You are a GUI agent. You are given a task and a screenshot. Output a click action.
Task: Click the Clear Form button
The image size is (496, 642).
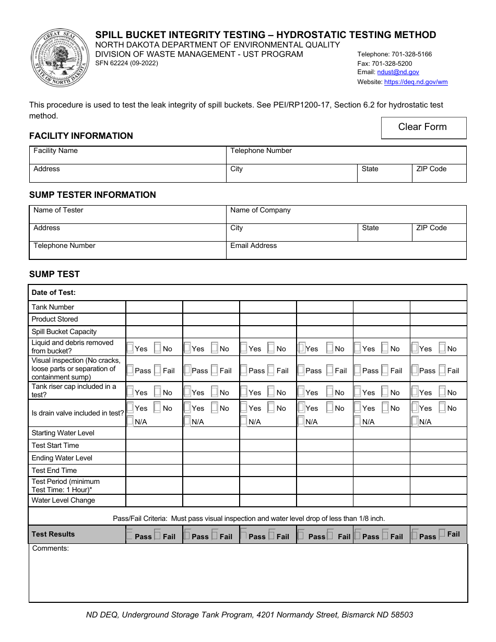(x=423, y=127)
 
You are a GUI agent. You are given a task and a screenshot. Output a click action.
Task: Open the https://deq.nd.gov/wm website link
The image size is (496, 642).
(x=416, y=82)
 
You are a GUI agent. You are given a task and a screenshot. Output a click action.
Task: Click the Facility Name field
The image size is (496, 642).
(x=127, y=155)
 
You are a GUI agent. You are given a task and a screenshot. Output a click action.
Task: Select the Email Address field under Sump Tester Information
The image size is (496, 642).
(x=346, y=250)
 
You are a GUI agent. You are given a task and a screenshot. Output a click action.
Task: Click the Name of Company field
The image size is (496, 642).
(x=346, y=214)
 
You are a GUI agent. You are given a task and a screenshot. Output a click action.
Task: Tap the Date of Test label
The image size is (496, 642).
(x=53, y=293)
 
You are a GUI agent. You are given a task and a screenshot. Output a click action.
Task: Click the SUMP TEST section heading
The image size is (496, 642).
(x=54, y=274)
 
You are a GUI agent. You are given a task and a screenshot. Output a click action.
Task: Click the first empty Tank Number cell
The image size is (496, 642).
(x=154, y=307)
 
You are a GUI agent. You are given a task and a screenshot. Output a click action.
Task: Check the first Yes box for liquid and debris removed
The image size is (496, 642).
(x=131, y=348)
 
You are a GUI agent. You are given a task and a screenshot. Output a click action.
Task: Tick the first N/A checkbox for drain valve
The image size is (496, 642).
(x=131, y=421)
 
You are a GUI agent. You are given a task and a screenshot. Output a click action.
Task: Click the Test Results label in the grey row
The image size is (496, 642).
(x=53, y=534)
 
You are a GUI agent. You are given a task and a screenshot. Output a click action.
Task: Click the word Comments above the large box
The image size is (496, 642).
(x=51, y=549)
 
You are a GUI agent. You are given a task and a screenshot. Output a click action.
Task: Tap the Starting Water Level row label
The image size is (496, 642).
(x=63, y=433)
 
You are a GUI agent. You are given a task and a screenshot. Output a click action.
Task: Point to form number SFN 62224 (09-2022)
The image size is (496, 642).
(x=126, y=63)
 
